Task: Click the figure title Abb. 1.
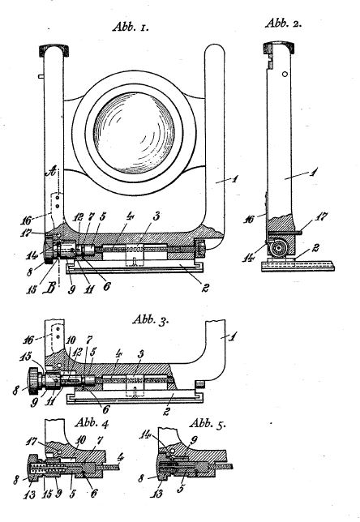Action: pyautogui.click(x=131, y=27)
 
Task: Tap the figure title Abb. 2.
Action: pyautogui.click(x=284, y=23)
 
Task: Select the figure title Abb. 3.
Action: pyautogui.click(x=151, y=320)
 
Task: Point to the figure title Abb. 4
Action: pyautogui.click(x=92, y=423)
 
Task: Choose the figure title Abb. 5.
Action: pyautogui.click(x=207, y=424)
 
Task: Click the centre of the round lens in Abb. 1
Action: pyautogui.click(x=134, y=133)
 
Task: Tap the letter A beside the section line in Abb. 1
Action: pyautogui.click(x=51, y=172)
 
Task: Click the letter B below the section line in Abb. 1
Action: pyautogui.click(x=49, y=288)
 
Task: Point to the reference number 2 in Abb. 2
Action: pyautogui.click(x=315, y=248)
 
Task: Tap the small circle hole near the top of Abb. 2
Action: pyautogui.click(x=285, y=75)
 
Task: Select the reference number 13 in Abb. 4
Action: pyautogui.click(x=29, y=494)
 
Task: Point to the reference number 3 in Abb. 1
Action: pyautogui.click(x=156, y=216)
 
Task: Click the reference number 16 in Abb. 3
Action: pyautogui.click(x=28, y=340)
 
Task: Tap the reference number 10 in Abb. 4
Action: pyautogui.click(x=82, y=440)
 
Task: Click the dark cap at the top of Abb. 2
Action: pyautogui.click(x=279, y=48)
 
